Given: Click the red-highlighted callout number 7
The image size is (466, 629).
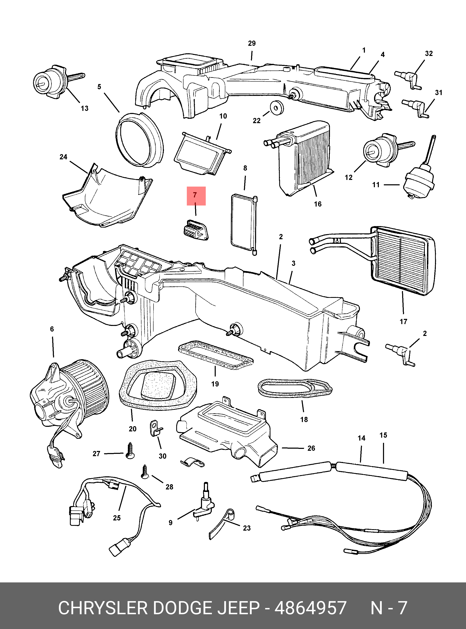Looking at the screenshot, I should pos(195,195).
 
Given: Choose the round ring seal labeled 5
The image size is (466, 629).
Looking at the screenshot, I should pos(139,139).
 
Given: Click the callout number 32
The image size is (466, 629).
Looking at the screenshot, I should pos(429,53).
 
